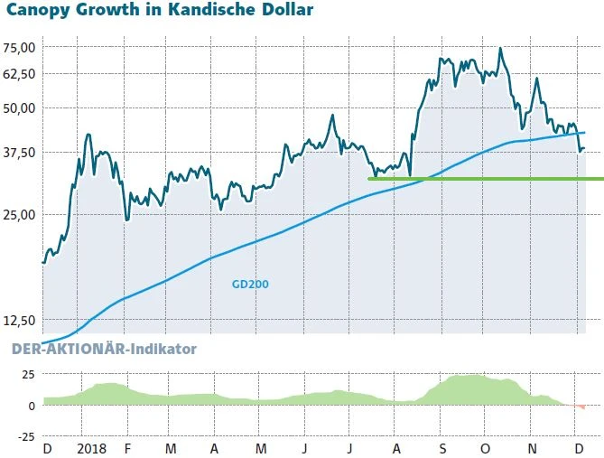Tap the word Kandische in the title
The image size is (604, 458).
209,12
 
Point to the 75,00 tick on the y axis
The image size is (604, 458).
19,47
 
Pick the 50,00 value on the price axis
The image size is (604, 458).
19,107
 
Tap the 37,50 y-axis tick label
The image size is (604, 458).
19,152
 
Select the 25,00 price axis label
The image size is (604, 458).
19,214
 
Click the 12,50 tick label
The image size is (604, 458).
19,320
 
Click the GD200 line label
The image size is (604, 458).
250,284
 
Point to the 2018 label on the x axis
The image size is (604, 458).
92,448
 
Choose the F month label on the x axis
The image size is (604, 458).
127,448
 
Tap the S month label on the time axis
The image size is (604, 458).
442,448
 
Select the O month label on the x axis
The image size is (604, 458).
487,448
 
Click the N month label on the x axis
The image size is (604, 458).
533,448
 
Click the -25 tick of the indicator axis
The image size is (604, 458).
23,436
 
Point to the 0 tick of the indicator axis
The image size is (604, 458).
31,406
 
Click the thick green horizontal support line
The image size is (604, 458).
488,179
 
